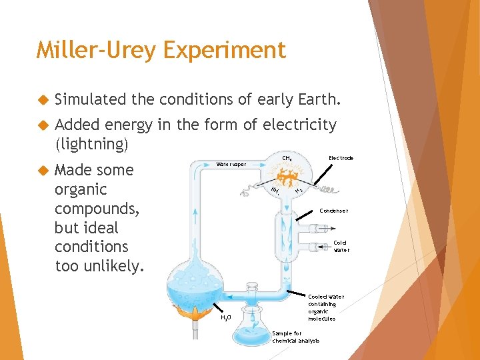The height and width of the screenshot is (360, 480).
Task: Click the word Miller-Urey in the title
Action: coord(93,50)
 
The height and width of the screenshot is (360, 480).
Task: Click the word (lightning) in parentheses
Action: coord(91,143)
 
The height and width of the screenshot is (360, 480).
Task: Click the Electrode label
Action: coord(341,158)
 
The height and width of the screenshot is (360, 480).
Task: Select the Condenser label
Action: coord(333,211)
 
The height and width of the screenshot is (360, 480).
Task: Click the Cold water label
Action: coord(341,247)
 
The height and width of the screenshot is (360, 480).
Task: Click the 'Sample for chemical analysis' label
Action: coord(295,337)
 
